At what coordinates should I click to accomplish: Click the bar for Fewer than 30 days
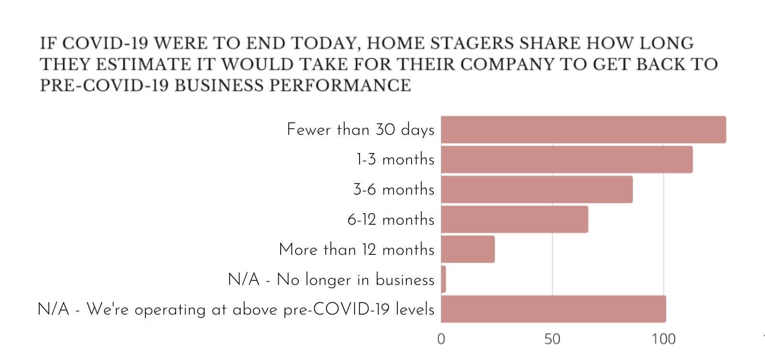tap(583, 130)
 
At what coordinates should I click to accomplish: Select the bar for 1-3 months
tap(567, 159)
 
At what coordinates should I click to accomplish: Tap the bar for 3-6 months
tap(536, 189)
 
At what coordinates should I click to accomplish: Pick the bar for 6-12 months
tap(514, 219)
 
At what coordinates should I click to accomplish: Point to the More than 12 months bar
tap(468, 249)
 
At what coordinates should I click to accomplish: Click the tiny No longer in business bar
tap(443, 279)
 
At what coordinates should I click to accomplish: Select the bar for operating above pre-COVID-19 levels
tap(553, 309)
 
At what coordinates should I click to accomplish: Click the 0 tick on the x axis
tap(441, 339)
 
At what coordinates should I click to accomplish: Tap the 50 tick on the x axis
tap(552, 339)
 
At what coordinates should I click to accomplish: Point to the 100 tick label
tap(664, 339)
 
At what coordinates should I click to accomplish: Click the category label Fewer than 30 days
tap(361, 130)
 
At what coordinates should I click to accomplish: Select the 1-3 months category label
tap(395, 159)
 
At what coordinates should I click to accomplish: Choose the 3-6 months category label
tap(393, 189)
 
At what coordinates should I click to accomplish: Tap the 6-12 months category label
tap(391, 219)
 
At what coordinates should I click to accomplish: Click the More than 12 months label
tap(357, 249)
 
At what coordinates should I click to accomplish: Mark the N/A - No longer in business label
tap(331, 279)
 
